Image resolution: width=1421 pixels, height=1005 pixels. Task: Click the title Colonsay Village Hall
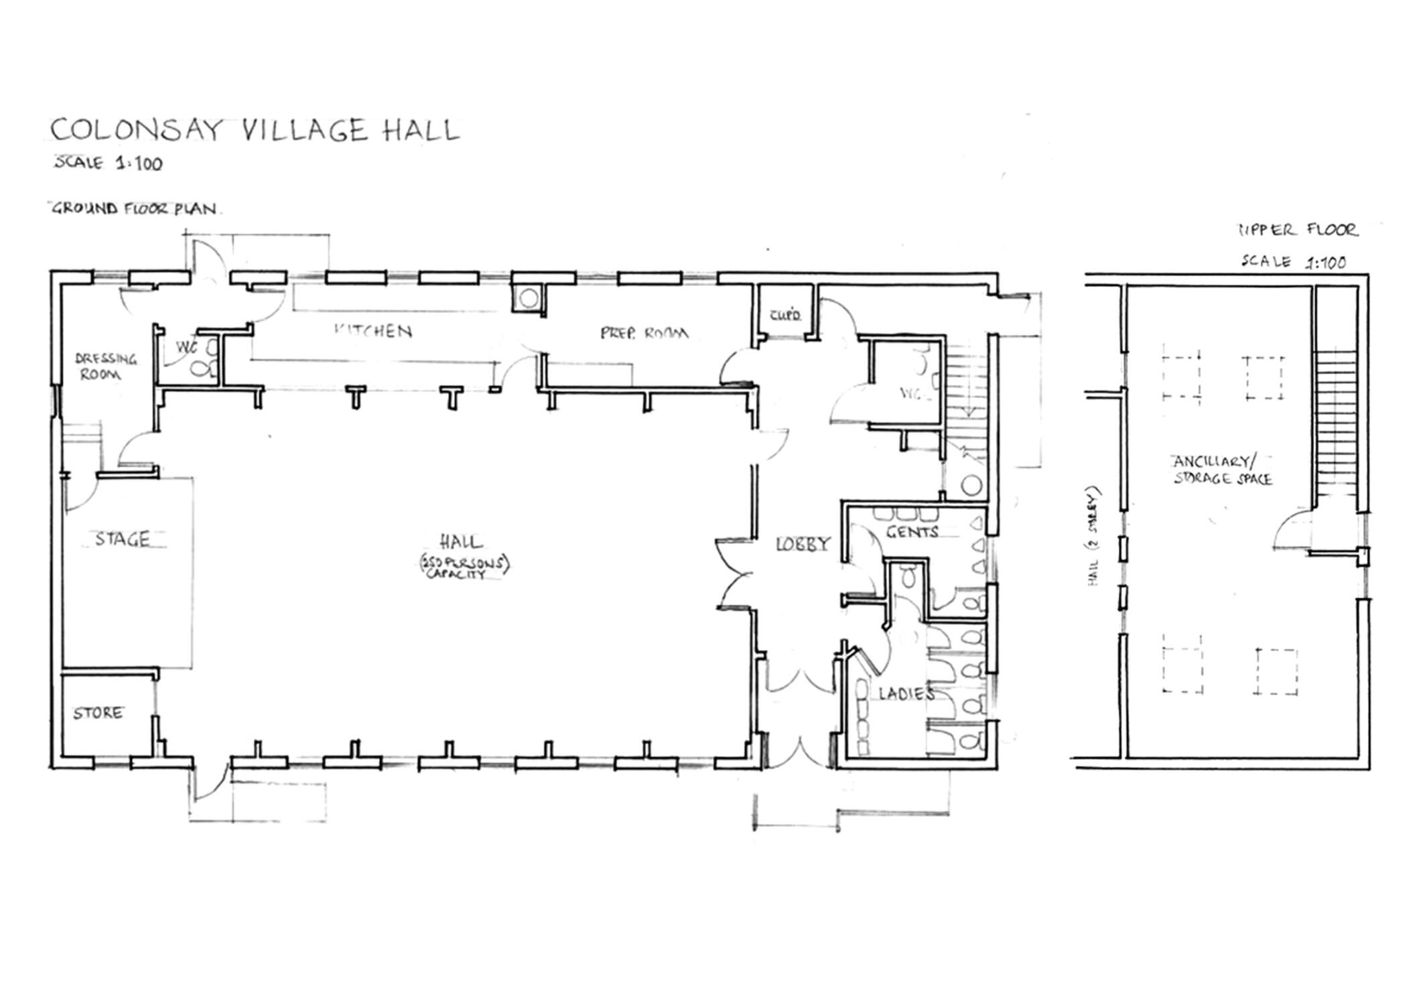(255, 130)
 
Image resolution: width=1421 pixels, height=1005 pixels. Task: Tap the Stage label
(123, 539)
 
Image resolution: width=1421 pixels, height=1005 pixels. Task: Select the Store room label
(98, 713)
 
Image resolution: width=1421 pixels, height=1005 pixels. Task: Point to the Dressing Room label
(105, 366)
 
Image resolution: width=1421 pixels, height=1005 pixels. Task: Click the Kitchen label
(373, 330)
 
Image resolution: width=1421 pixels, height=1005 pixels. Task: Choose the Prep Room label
(643, 333)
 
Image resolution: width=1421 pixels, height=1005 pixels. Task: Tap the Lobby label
(803, 545)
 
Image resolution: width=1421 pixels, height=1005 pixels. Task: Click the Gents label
(912, 533)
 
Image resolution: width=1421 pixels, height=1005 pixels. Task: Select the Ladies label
(906, 693)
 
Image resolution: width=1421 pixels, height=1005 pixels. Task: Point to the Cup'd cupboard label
(785, 315)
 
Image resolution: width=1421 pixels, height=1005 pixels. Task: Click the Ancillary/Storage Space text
(1222, 470)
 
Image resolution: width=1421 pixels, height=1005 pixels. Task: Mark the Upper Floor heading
(1297, 230)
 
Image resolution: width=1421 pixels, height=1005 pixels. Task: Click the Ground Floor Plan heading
(134, 208)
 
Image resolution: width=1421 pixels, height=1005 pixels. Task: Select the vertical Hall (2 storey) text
(1094, 537)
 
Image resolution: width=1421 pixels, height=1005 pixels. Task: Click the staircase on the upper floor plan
(1335, 422)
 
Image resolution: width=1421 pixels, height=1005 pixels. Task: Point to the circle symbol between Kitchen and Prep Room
(529, 297)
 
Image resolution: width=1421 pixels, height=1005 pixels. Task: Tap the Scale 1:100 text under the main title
(109, 163)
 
